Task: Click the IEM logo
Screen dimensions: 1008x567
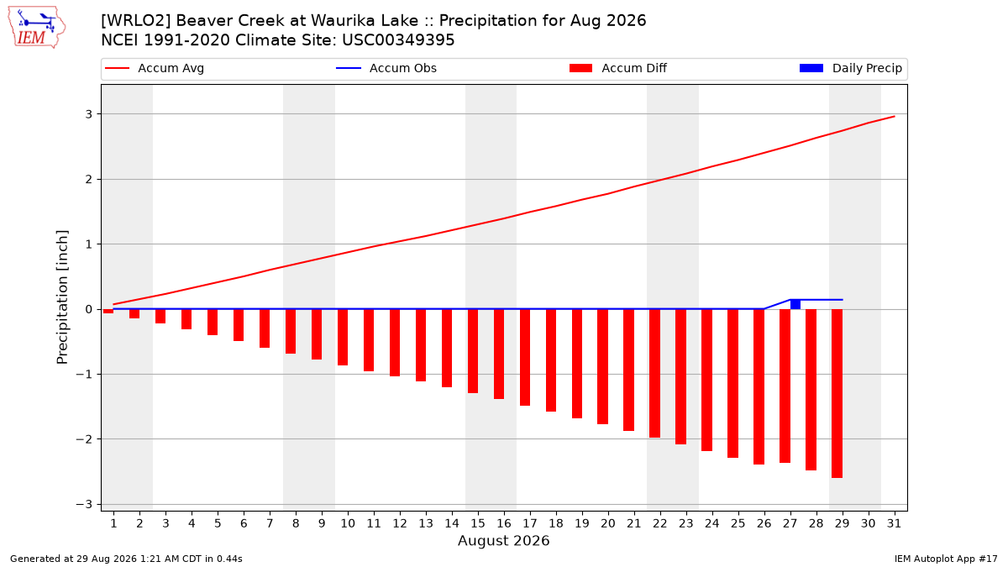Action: coord(37,27)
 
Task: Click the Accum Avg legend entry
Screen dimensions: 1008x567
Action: coord(155,68)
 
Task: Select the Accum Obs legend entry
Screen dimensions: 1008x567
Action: coord(386,68)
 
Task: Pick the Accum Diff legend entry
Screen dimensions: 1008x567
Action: coord(618,68)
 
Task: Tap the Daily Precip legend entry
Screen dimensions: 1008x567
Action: coord(850,68)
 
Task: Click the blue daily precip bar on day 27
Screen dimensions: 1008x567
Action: coord(795,304)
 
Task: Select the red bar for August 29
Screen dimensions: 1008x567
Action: coord(837,394)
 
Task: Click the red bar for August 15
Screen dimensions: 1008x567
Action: coord(473,351)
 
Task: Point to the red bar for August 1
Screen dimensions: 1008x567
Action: coord(108,312)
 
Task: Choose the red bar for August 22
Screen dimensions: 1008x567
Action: coord(654,374)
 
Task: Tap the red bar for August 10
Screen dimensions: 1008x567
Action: coord(343,338)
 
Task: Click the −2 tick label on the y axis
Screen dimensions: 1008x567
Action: coord(84,439)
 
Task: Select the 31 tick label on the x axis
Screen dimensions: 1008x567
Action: coord(894,523)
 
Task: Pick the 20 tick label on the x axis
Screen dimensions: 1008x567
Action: coord(608,523)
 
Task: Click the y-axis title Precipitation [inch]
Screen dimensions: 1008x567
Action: coord(62,297)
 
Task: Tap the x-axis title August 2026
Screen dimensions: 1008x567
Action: coord(503,540)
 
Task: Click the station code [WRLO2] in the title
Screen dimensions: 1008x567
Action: coord(136,21)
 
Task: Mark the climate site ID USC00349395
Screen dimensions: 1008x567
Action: coord(398,40)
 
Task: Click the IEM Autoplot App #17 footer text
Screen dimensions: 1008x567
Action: coord(946,559)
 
